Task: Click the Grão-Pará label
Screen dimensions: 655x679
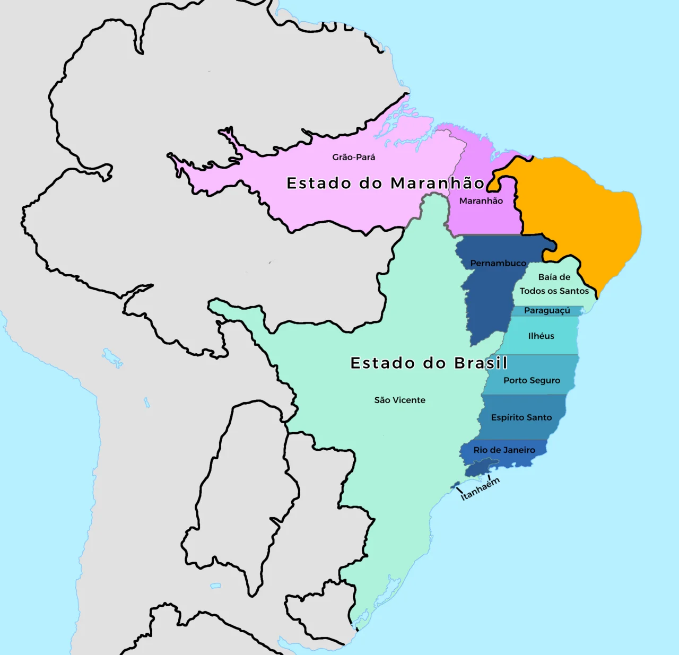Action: click(353, 157)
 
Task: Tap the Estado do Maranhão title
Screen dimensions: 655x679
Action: click(385, 183)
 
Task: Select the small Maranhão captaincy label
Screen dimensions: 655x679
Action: click(481, 200)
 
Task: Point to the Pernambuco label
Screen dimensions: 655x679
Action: click(498, 263)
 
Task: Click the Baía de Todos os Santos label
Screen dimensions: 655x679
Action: click(554, 284)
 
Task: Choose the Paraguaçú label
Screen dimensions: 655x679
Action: click(547, 310)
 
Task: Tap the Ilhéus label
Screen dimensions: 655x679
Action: click(541, 336)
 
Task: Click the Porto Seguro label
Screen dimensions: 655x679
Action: click(532, 380)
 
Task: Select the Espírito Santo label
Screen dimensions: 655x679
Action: click(521, 417)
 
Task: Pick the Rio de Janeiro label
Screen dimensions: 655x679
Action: click(504, 450)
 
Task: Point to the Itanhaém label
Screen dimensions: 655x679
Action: click(480, 488)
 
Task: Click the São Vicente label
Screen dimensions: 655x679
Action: click(399, 400)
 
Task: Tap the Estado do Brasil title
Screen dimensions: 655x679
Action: click(429, 363)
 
